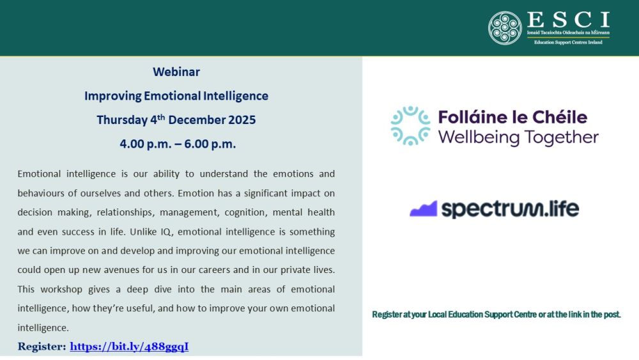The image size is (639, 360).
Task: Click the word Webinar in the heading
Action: [176, 72]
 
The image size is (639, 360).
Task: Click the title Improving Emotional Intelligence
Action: [176, 96]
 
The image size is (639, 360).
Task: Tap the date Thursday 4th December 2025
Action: [176, 120]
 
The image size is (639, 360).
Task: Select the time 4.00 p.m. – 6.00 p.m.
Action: [178, 144]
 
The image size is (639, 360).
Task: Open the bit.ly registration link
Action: [129, 347]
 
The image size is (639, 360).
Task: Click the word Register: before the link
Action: [42, 347]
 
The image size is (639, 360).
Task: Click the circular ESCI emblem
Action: [505, 27]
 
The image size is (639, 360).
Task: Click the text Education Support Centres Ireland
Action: [568, 42]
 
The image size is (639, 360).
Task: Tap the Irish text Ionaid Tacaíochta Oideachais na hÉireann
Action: [568, 33]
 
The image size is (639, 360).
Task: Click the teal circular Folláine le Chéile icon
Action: [410, 126]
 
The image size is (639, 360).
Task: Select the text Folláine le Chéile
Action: [512, 118]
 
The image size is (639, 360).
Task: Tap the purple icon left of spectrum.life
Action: [423, 209]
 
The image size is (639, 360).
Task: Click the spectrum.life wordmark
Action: [510, 209]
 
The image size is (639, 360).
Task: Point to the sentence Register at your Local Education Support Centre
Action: [496, 315]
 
